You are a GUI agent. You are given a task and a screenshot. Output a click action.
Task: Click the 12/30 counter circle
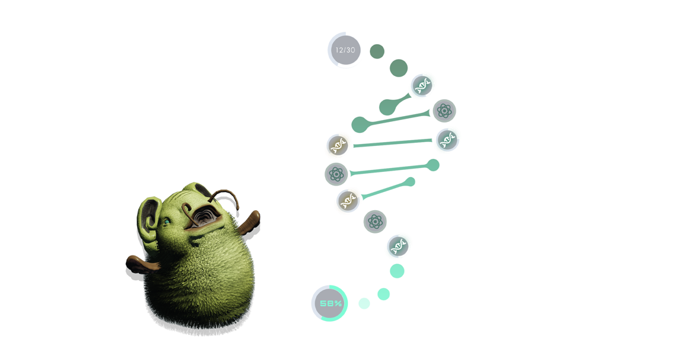345,50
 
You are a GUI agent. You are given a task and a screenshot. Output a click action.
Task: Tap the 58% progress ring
329,303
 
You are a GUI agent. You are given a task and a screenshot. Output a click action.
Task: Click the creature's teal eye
167,222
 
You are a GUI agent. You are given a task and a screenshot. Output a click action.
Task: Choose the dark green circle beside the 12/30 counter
376,51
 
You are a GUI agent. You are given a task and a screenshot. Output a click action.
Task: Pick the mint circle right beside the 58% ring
364,303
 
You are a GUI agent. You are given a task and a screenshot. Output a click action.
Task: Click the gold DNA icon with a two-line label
338,146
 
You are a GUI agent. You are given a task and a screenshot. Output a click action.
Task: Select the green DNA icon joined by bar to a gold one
447,139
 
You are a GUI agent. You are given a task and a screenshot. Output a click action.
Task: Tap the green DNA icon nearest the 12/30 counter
422,85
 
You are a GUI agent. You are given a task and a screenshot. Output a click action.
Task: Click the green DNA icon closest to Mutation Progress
398,246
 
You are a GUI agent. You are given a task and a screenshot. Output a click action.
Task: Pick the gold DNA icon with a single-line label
348,200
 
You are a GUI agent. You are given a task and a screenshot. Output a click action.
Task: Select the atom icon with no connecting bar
374,222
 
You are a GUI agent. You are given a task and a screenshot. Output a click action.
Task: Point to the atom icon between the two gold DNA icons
336,173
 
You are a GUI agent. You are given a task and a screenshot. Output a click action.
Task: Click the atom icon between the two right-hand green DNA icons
445,111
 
